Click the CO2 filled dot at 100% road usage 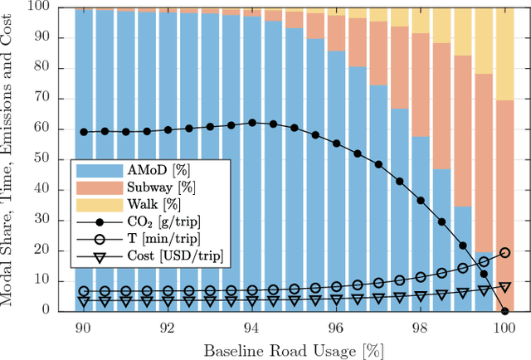pyautogui.click(x=505, y=310)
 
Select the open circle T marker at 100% pyautogui.click(x=505, y=251)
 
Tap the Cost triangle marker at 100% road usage pyautogui.click(x=505, y=286)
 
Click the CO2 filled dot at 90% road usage pyautogui.click(x=83, y=131)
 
